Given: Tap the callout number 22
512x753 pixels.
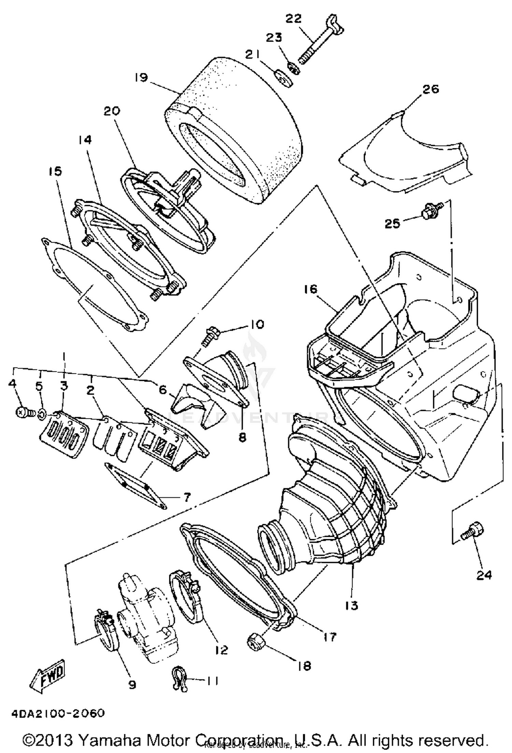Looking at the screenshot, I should pos(294,19).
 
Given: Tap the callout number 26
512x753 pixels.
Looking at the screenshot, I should pos(430,89).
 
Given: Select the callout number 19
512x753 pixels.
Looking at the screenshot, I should pos(141,78).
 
